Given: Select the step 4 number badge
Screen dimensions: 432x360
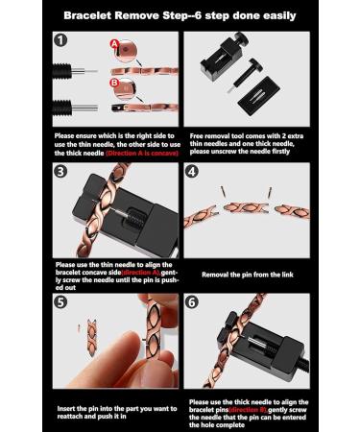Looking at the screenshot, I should (192, 173).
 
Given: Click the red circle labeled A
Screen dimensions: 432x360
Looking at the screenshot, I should (116, 45).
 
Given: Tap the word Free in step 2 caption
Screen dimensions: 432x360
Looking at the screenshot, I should (199, 135).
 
